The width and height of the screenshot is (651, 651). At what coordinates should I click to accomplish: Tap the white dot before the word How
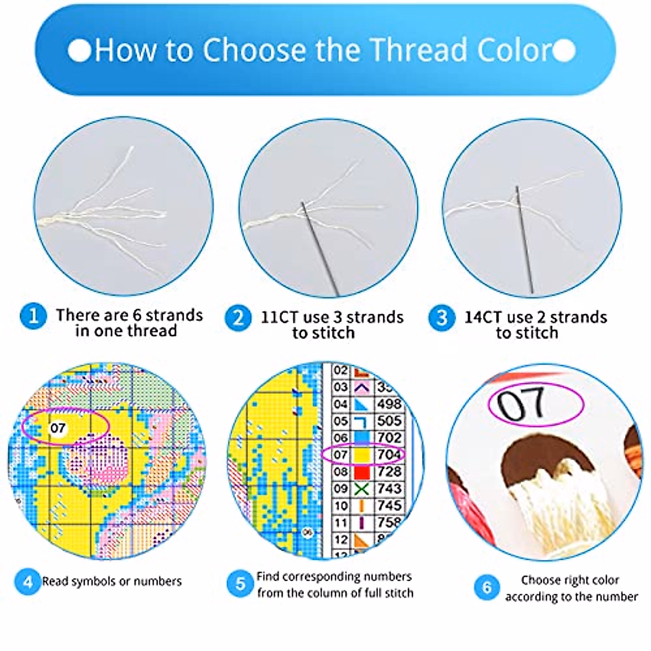(80, 50)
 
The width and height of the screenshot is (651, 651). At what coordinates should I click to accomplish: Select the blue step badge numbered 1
(33, 316)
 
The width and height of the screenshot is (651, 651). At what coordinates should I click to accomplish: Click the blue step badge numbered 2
(238, 318)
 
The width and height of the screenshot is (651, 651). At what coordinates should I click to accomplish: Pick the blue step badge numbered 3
(442, 318)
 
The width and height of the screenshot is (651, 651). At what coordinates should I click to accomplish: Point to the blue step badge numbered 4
(28, 582)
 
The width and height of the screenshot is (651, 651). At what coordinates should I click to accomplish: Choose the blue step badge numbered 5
(240, 584)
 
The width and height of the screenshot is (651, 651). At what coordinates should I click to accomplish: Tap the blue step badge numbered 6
(487, 587)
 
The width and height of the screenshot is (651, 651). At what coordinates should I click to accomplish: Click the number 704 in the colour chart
(389, 454)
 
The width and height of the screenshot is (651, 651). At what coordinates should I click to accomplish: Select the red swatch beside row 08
(362, 472)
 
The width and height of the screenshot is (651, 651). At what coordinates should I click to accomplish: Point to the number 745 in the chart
(389, 506)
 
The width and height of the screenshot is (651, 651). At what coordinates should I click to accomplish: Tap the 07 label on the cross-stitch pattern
(58, 428)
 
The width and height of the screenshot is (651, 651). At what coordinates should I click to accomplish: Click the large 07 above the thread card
(521, 404)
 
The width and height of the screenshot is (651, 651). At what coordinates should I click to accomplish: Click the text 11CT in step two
(279, 317)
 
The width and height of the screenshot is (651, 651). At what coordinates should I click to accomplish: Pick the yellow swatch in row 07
(362, 455)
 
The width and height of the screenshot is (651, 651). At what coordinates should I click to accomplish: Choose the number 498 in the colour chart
(389, 404)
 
